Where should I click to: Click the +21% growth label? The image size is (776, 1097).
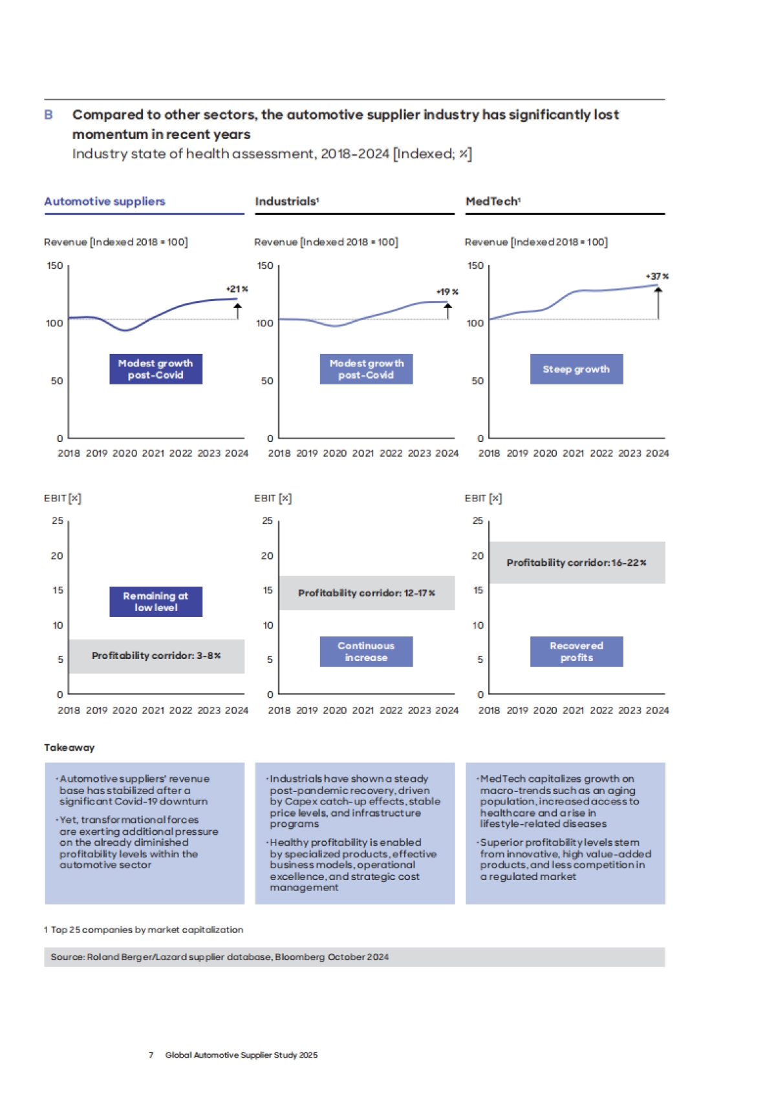coord(237,289)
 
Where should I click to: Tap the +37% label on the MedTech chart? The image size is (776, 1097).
coord(657,276)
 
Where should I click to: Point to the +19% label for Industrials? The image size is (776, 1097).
coord(447,292)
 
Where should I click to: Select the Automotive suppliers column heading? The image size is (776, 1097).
coord(105,202)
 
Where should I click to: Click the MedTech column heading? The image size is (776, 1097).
coord(493,202)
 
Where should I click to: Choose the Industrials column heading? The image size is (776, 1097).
coord(286,202)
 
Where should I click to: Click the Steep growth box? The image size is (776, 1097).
coord(576,369)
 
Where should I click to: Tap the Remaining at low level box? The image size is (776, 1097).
coord(156,601)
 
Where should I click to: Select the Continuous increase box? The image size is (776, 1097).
coord(366,651)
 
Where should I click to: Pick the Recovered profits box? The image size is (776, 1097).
coord(576,651)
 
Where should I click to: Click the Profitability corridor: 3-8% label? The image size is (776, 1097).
coord(156,656)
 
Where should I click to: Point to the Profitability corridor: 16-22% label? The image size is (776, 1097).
coord(576,563)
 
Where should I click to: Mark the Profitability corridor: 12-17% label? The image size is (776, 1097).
coord(366,593)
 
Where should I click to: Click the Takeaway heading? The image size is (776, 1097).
coord(69,747)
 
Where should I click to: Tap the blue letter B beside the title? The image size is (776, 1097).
coord(48,115)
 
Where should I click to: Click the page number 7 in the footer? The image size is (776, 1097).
coord(151,1055)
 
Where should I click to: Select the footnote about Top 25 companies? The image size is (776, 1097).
coord(144,930)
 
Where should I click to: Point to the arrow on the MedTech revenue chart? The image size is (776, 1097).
coord(658,303)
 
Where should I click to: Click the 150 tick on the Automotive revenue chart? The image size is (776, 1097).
coord(55,266)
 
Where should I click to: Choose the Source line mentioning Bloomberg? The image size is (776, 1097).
coord(220,957)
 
